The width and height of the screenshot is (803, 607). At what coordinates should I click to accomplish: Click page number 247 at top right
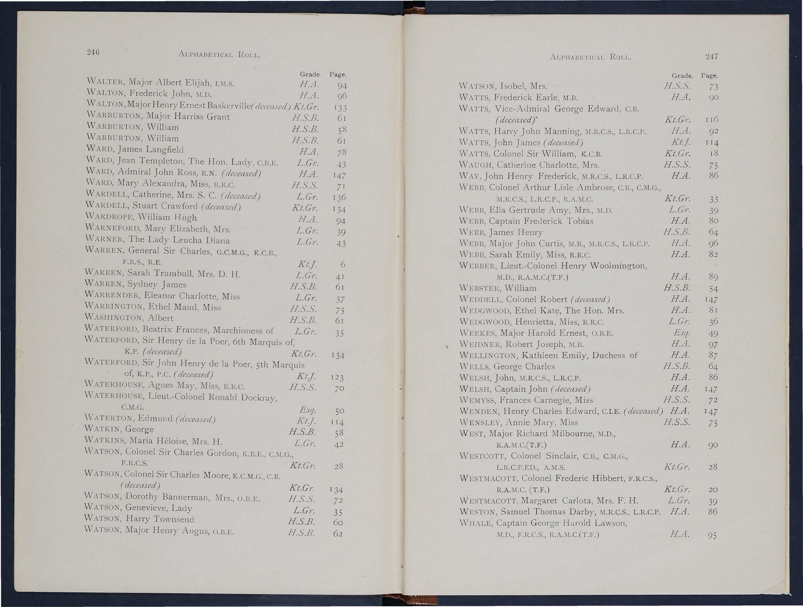tap(711, 57)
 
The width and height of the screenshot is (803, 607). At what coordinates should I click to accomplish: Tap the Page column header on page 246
tap(338, 75)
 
